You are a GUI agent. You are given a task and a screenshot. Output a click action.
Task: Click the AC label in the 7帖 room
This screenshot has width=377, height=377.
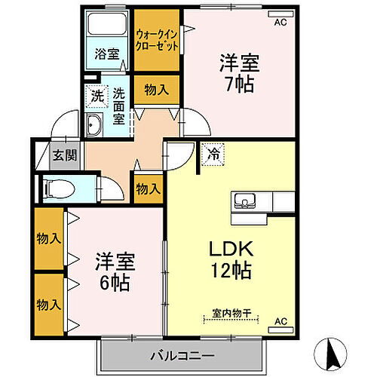click(280, 22)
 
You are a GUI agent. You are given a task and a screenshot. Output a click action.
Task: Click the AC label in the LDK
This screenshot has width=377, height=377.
click(280, 321)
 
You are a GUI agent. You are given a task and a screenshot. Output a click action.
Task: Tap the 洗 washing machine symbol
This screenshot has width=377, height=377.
click(97, 96)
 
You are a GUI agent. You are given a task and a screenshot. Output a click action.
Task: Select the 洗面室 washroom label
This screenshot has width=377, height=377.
click(119, 106)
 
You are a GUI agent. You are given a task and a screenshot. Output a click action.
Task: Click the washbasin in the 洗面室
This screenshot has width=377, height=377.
click(95, 126)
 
